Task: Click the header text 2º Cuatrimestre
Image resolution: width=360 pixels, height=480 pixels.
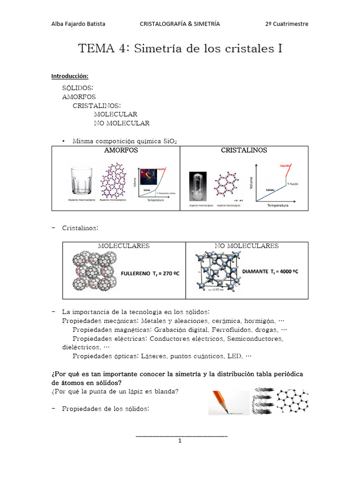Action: pyautogui.click(x=286, y=24)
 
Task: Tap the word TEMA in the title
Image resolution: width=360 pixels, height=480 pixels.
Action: pyautogui.click(x=97, y=48)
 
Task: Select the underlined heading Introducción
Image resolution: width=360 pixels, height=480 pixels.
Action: pyautogui.click(x=69, y=76)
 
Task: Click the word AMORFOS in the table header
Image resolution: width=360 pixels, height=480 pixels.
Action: pyautogui.click(x=120, y=150)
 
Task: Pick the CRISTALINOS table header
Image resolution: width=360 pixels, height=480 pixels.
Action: pyautogui.click(x=244, y=150)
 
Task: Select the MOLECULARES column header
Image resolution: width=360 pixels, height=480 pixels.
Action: pyautogui.click(x=124, y=246)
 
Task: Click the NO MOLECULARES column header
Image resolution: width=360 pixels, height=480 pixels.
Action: pyautogui.click(x=247, y=246)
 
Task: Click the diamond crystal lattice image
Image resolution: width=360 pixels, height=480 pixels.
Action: pyautogui.click(x=217, y=272)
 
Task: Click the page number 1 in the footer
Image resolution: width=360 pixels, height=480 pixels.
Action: pyautogui.click(x=180, y=441)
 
